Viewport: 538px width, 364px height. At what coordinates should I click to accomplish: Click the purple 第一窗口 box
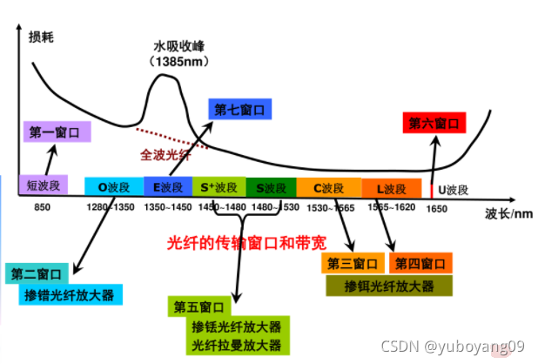55,132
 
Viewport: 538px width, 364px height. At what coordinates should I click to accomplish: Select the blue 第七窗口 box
239,110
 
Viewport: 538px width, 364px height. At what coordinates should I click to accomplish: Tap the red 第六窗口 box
432,124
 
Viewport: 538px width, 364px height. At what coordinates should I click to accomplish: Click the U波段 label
452,188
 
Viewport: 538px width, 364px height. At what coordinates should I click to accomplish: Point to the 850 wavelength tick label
43,207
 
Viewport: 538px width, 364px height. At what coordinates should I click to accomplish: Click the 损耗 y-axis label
41,36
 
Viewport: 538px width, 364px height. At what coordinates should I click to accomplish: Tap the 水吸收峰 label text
177,46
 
